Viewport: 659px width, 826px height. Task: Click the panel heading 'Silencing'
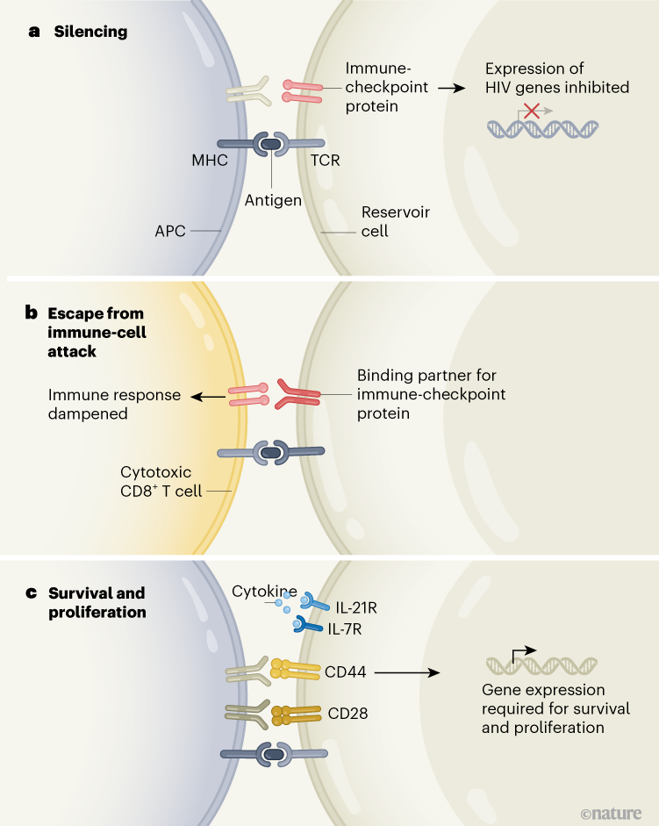click(90, 32)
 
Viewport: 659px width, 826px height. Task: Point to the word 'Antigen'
click(272, 200)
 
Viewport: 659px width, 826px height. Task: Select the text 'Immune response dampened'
click(114, 404)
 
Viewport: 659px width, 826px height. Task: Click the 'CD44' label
click(347, 672)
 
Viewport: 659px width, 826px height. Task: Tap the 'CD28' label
click(347, 713)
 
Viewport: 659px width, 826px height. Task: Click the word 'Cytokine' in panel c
click(260, 592)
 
